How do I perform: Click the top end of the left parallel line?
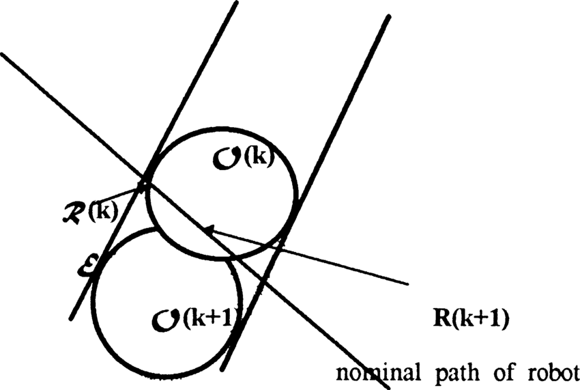click(x=236, y=3)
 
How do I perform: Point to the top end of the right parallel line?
click(x=389, y=15)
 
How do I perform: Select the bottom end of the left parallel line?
click(x=70, y=319)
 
